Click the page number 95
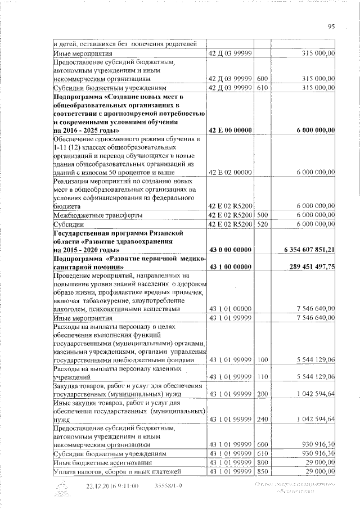pyautogui.click(x=331, y=26)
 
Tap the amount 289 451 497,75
pyautogui.click(x=312, y=267)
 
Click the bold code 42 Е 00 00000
pyautogui.click(x=230, y=130)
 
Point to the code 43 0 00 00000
pyautogui.click(x=230, y=249)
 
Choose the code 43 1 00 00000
pyautogui.click(x=230, y=267)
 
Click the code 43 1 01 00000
pyautogui.click(x=230, y=309)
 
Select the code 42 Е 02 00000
pyautogui.click(x=230, y=172)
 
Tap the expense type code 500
pyautogui.click(x=262, y=215)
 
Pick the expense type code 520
pyautogui.click(x=262, y=224)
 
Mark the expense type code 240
pyautogui.click(x=262, y=419)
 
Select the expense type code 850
pyautogui.click(x=262, y=471)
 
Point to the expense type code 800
pyautogui.click(x=262, y=462)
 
